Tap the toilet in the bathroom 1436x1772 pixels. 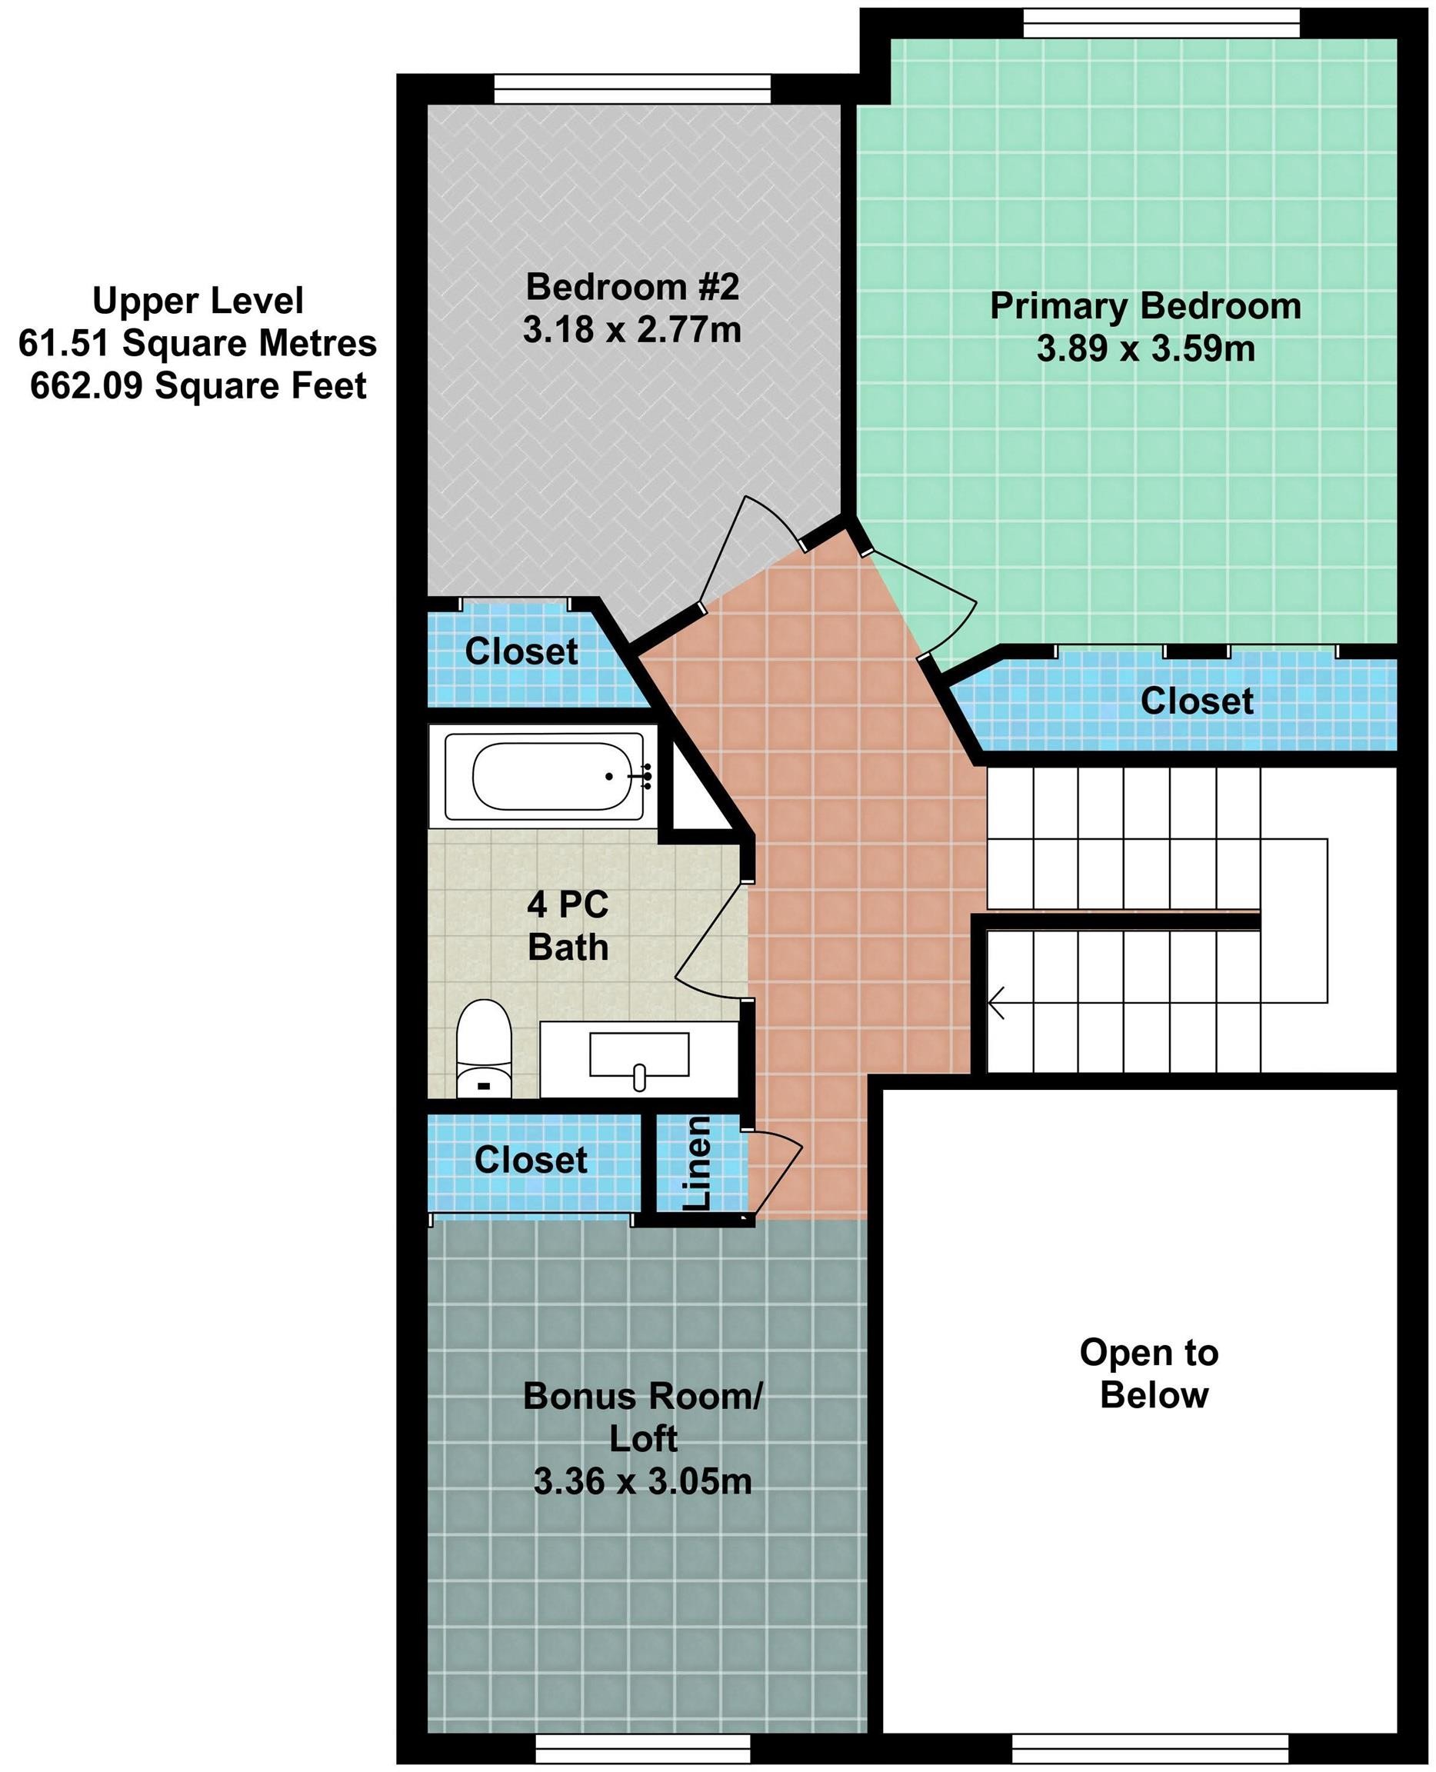pyautogui.click(x=484, y=1049)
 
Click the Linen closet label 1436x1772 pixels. pyautogui.click(x=698, y=1162)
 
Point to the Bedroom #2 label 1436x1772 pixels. pyautogui.click(x=632, y=287)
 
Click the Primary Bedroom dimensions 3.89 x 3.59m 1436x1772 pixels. pyautogui.click(x=1146, y=349)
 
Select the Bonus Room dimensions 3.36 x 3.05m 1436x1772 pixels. pyautogui.click(x=643, y=1481)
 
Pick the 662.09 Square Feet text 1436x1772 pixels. pyautogui.click(x=198, y=386)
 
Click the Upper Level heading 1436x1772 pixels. pyautogui.click(x=198, y=300)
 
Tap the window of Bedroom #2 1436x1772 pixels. pyautogui.click(x=633, y=89)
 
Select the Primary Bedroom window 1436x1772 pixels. pyautogui.click(x=1161, y=23)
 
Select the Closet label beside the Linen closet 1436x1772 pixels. pyautogui.click(x=531, y=1160)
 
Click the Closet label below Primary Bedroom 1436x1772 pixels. pyautogui.click(x=1197, y=701)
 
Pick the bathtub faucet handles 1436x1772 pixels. pyautogui.click(x=646, y=776)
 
